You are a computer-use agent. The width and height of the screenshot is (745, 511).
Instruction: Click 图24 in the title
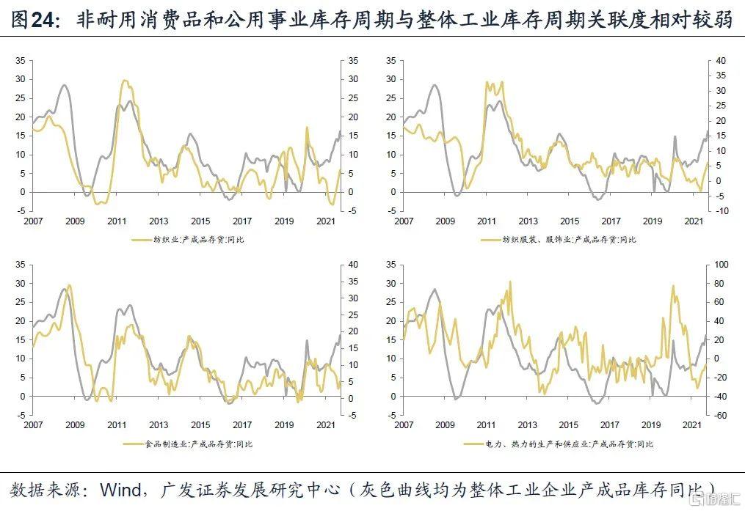pos(34,20)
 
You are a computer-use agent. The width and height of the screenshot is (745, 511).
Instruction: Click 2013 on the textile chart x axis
pos(159,221)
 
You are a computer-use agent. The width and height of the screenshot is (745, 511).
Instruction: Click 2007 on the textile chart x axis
pos(33,221)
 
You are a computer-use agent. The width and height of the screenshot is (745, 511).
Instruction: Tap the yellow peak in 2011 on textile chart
pos(126,81)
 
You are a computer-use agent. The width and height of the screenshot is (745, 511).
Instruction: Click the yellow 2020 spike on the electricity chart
pos(672,286)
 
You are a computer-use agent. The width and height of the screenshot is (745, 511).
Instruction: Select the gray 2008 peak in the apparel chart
pos(435,85)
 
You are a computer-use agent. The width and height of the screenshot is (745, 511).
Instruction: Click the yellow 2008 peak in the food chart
pos(69,285)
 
